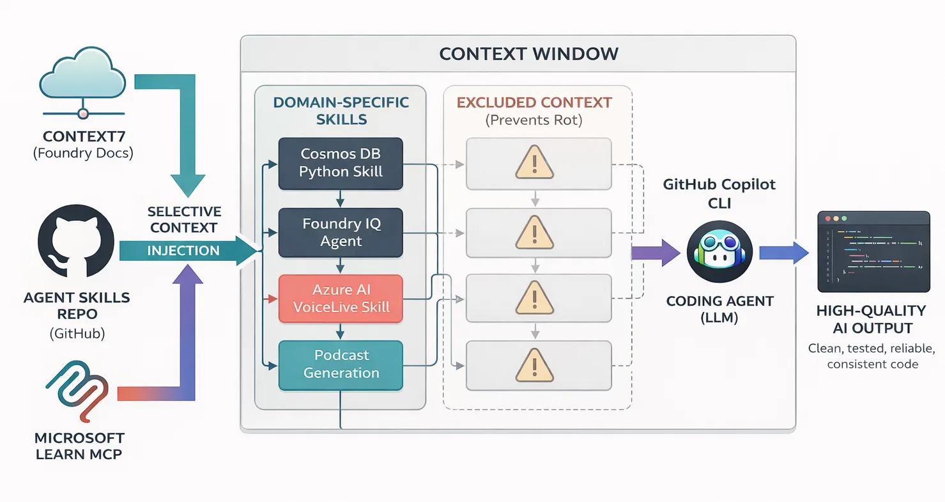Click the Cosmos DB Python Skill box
[x=341, y=163]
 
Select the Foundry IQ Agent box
[x=341, y=232]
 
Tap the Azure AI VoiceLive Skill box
[x=341, y=298]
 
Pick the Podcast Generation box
[x=341, y=365]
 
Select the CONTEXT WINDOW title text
[x=528, y=54]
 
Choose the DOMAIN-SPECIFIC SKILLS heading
[x=341, y=111]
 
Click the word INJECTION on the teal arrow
[x=183, y=251]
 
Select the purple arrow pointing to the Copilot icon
[x=655, y=251]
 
